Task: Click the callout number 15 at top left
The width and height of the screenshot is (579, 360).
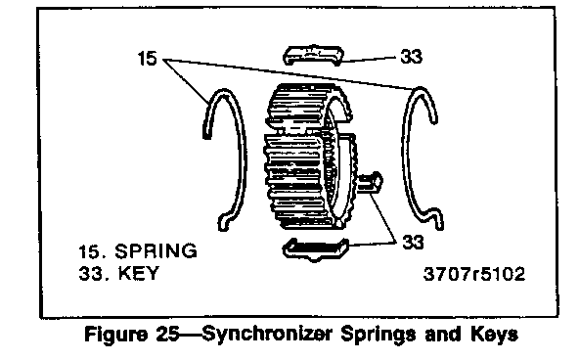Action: (x=147, y=59)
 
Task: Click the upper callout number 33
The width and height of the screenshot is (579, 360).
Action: (x=411, y=57)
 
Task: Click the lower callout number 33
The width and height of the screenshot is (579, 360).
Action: (x=413, y=243)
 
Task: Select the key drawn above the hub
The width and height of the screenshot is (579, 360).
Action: (x=313, y=56)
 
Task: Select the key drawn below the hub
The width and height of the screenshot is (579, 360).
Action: (x=315, y=249)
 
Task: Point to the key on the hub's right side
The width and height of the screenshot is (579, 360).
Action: (x=370, y=183)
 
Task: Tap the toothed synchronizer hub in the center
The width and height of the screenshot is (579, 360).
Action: (x=310, y=157)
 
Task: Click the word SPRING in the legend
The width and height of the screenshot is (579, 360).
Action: (x=156, y=251)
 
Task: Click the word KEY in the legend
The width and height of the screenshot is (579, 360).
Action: (x=138, y=274)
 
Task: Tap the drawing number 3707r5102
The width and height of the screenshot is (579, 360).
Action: (x=474, y=274)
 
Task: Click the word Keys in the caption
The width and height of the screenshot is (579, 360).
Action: (x=494, y=335)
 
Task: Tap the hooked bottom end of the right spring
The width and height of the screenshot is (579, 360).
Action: (x=439, y=220)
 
